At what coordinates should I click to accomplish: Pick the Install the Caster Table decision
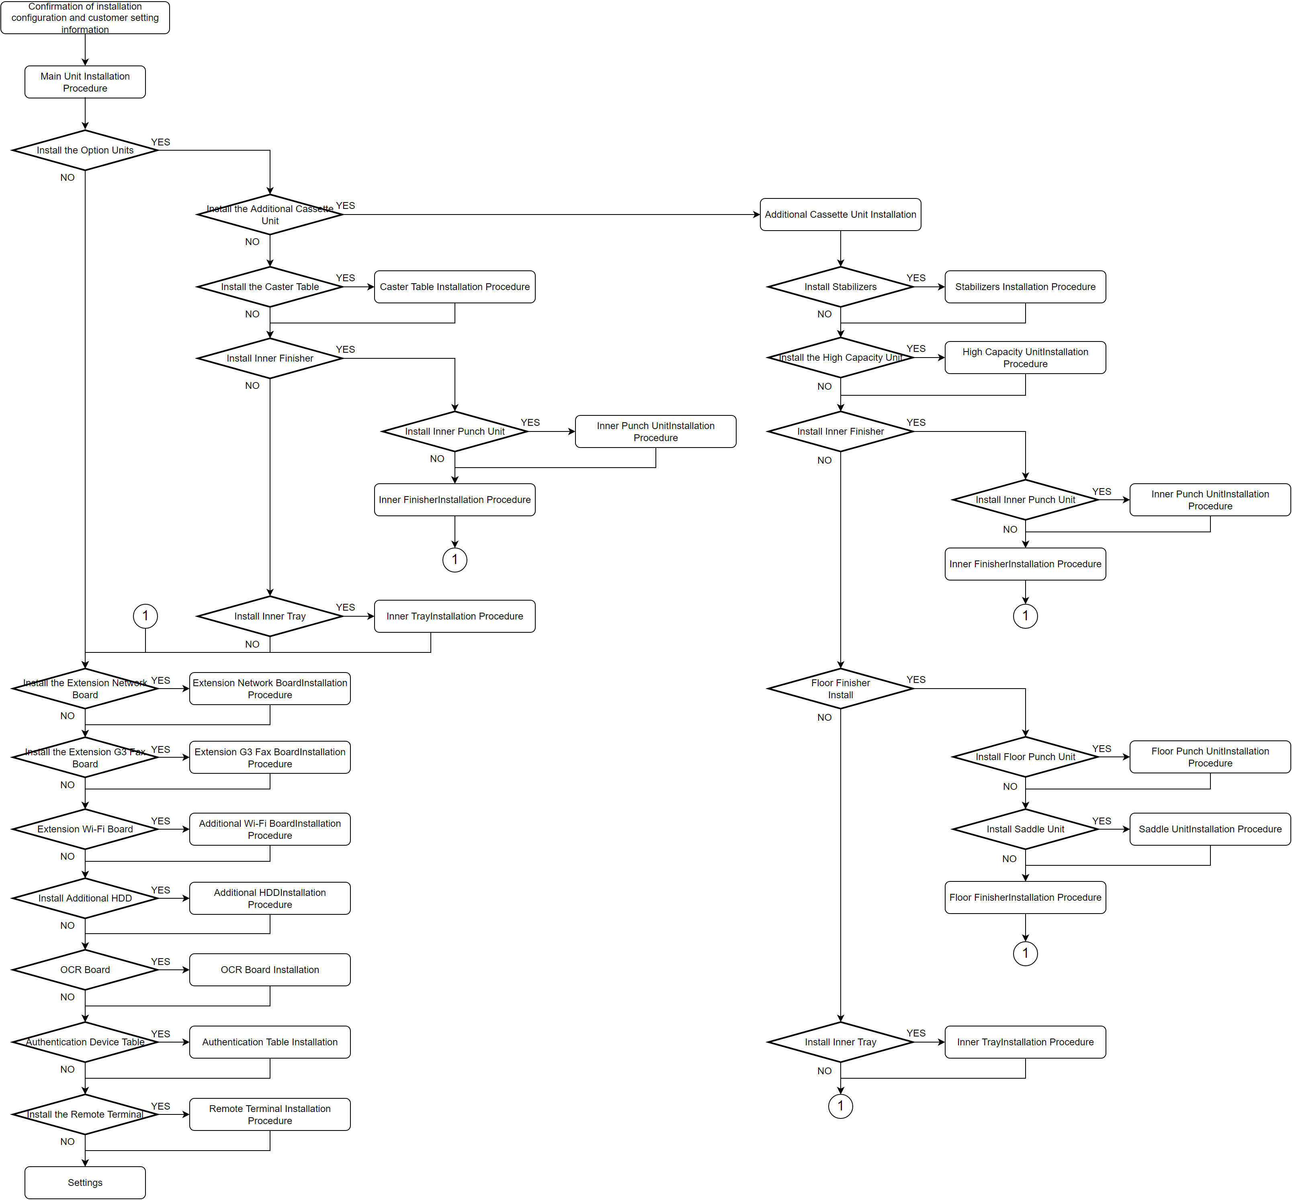tap(270, 286)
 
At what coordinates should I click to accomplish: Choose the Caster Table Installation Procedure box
tap(454, 286)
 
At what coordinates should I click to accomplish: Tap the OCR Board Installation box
tap(270, 969)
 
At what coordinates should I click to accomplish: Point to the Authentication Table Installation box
tap(270, 1042)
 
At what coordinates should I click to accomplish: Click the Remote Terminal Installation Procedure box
tap(270, 1114)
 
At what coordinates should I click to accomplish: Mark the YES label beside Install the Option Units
tap(160, 141)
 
